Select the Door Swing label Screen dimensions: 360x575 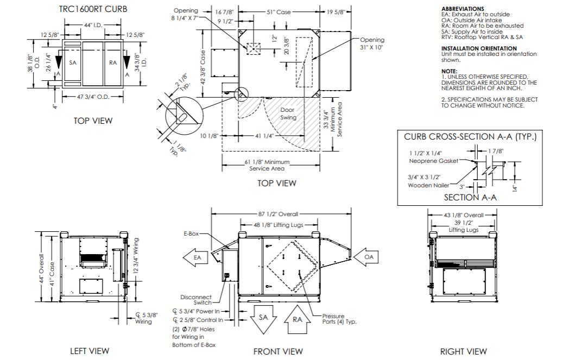[287, 113]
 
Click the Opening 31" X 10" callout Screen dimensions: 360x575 [371, 43]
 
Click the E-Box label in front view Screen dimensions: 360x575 [192, 233]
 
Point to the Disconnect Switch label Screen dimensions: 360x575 [197, 300]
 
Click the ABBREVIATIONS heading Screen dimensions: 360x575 [463, 9]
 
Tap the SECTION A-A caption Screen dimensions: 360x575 [470, 198]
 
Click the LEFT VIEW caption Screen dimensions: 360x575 [90, 351]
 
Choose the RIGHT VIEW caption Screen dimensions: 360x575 [463, 351]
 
